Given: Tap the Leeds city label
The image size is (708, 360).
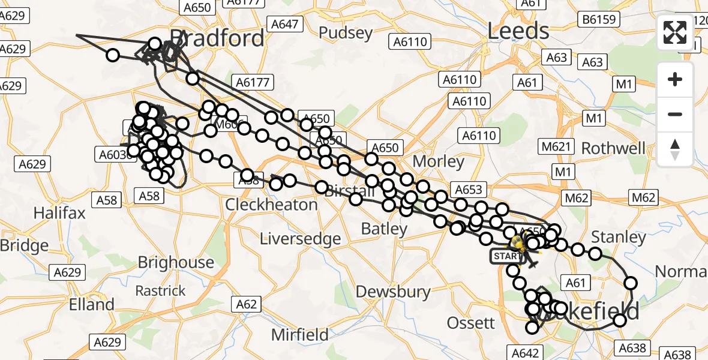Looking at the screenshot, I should point(518,31).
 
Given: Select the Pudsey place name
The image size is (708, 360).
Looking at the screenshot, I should point(346,32).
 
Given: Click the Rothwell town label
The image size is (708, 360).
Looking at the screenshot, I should point(613,148).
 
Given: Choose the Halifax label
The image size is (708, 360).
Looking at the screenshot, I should point(59,213).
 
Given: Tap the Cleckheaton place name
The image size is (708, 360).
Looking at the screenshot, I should point(271,205).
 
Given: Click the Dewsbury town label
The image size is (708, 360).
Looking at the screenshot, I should point(393,292).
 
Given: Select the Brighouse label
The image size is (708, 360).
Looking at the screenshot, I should point(176,262).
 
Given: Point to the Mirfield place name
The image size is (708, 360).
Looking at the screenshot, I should point(299,334).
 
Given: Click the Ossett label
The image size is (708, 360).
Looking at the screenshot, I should point(471,323).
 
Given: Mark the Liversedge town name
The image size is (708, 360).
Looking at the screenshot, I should point(300,239).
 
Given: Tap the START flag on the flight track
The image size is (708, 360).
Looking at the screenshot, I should point(507,256).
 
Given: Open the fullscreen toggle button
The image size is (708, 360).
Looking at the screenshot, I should point(675,32).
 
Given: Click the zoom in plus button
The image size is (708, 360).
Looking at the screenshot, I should point(675,79).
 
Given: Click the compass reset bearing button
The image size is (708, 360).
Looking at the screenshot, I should point(675,149).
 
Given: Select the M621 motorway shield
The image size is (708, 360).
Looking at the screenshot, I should point(554,147).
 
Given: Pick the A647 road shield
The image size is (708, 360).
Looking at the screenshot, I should point(284,24).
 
